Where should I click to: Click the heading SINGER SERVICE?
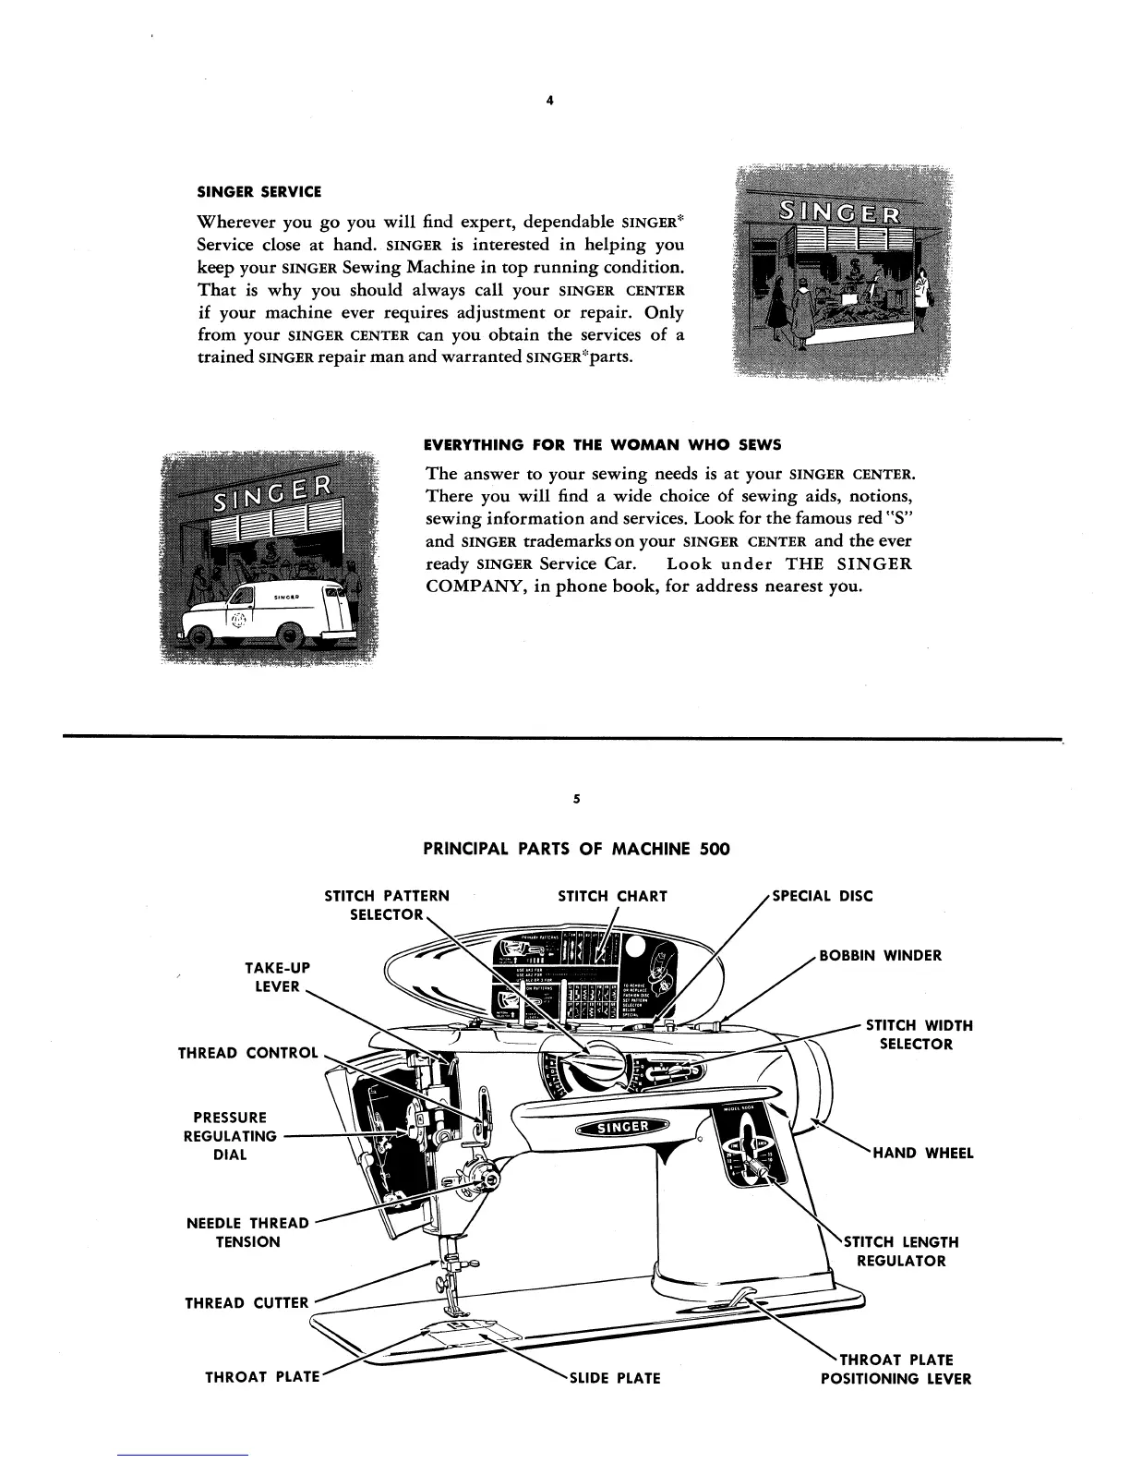coord(259,192)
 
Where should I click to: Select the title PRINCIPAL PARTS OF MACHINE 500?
coord(576,848)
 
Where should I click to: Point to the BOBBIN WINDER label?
coord(881,956)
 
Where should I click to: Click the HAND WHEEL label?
coord(923,1153)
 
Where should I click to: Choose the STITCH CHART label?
coord(613,896)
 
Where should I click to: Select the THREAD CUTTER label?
coord(246,1303)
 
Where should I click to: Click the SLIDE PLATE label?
coord(615,1379)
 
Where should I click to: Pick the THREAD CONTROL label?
coord(247,1053)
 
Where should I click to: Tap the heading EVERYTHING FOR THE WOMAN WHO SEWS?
coord(602,444)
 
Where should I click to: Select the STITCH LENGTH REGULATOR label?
coord(900,1251)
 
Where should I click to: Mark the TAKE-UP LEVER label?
coord(277,976)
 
